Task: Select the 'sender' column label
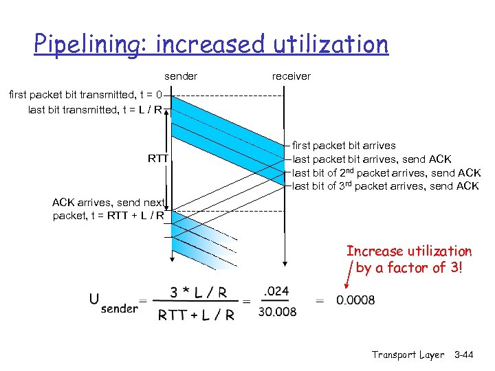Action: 181,76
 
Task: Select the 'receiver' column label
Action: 291,76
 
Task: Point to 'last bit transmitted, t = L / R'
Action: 95,109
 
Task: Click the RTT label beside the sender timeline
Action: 158,159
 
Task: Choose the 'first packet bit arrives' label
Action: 344,146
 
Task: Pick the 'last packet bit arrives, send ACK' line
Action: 372,159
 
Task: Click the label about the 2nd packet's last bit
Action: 386,172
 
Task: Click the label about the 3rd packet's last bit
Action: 386,186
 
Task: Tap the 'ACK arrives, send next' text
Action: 108,203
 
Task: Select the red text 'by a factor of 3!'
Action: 410,267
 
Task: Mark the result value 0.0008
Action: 355,301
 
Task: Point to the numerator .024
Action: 276,291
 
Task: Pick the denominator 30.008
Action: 276,311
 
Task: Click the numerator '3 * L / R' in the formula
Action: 198,292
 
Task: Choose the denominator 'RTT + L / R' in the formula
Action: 197,315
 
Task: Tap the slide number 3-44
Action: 470,355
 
